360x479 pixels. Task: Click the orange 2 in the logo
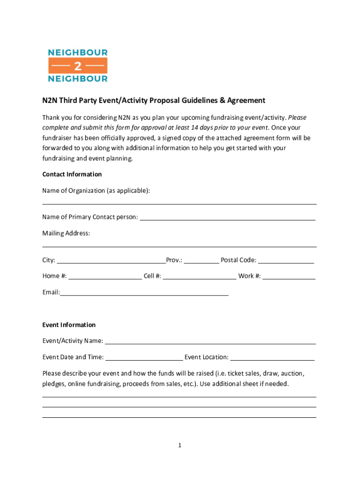(x=78, y=65)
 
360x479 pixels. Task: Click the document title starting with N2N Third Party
(x=154, y=101)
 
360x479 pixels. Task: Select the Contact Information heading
(x=72, y=174)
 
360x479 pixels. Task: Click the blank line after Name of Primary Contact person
(x=227, y=218)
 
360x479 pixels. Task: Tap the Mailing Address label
(x=66, y=233)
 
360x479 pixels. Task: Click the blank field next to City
(x=111, y=261)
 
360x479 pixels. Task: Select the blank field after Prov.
(x=201, y=261)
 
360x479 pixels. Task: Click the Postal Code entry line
(x=286, y=261)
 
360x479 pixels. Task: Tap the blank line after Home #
(x=105, y=276)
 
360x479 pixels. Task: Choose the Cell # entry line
(x=200, y=276)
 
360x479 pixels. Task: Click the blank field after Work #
(x=289, y=276)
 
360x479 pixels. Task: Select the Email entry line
(x=144, y=293)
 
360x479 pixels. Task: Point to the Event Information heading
(x=69, y=325)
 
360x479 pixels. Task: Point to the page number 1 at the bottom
(x=180, y=445)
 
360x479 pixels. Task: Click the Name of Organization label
(x=96, y=190)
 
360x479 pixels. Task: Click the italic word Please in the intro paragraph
(x=297, y=117)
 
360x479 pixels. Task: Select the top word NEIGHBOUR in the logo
(x=78, y=52)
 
